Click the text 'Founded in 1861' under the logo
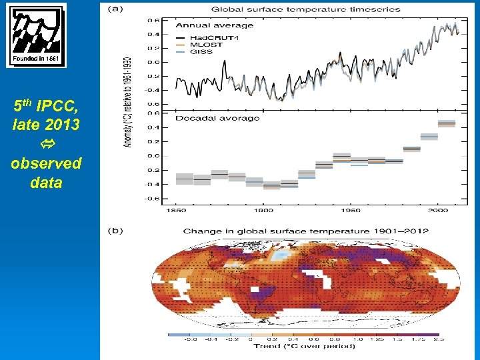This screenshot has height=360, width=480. click(36, 59)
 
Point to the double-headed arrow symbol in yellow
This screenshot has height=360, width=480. click(46, 144)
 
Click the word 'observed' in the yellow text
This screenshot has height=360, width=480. click(46, 163)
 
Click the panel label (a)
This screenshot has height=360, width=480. click(115, 9)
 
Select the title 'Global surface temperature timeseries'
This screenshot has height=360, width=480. click(305, 9)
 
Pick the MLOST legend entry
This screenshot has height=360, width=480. click(207, 44)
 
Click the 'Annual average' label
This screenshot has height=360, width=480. click(205, 25)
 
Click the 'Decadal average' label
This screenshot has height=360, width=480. click(207, 119)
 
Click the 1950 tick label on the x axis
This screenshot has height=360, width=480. click(352, 211)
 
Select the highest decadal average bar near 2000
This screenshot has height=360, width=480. click(446, 123)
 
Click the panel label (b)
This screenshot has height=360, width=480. click(115, 231)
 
